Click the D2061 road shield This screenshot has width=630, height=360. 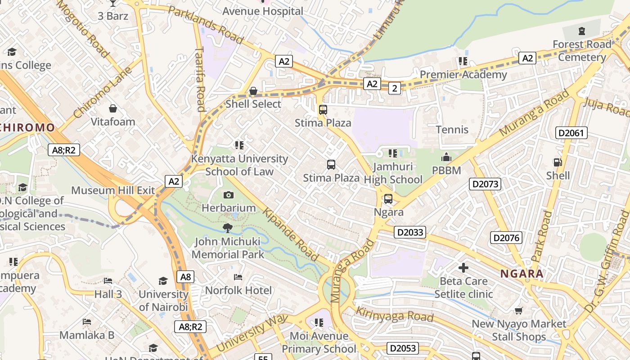571,133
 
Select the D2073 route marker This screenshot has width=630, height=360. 485,184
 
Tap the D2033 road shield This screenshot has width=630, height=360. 409,232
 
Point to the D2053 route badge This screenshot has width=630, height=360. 403,348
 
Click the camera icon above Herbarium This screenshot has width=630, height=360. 229,195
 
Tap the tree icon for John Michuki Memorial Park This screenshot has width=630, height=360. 228,228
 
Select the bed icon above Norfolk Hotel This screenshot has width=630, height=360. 238,277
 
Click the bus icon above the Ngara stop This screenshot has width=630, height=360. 388,198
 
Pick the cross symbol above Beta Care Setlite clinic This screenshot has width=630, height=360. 463,268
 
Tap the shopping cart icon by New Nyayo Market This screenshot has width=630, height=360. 519,310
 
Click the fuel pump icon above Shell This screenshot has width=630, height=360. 558,162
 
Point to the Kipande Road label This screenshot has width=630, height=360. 291,235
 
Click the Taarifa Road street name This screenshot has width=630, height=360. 201,79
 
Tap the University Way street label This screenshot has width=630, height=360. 252,333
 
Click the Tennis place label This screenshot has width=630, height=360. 452,130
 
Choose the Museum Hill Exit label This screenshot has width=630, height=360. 113,190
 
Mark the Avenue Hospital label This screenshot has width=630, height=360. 263,11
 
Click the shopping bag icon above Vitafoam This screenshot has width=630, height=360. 112,108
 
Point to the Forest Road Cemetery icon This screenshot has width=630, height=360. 582,31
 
